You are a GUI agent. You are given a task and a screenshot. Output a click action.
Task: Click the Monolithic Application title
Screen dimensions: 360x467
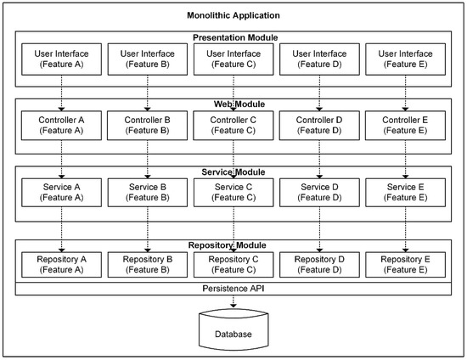tap(233, 16)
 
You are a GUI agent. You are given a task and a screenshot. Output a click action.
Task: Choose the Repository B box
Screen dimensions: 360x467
tap(148, 263)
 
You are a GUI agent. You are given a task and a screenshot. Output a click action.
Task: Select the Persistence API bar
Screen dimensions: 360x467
tap(233, 288)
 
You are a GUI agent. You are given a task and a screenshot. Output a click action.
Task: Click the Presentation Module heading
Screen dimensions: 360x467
tap(233, 38)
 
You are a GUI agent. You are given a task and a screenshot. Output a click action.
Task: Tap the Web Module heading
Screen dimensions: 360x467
tap(233, 104)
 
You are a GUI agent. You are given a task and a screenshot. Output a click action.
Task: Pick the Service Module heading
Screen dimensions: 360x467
tap(233, 172)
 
